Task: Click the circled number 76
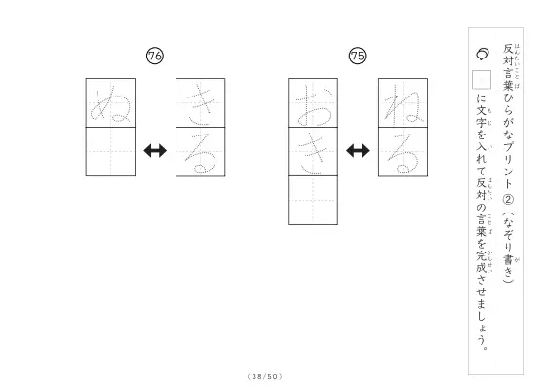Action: pos(155,56)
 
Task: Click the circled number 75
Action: pos(357,56)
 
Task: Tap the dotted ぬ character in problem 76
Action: pos(111,103)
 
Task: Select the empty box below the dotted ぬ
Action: pos(110,152)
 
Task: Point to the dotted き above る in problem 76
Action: pos(201,103)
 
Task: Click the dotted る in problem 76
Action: pos(201,152)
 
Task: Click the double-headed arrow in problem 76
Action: pos(155,151)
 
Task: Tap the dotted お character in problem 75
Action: pos(313,105)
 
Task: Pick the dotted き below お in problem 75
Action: pos(313,152)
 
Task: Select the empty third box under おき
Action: pos(313,201)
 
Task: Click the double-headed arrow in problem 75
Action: pos(358,151)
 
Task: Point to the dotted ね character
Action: pos(404,104)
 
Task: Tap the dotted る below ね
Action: pos(404,152)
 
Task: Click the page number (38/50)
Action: pos(265,376)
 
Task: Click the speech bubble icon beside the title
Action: pos(483,54)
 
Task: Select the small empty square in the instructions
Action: pos(482,80)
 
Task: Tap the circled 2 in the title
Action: pos(508,199)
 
